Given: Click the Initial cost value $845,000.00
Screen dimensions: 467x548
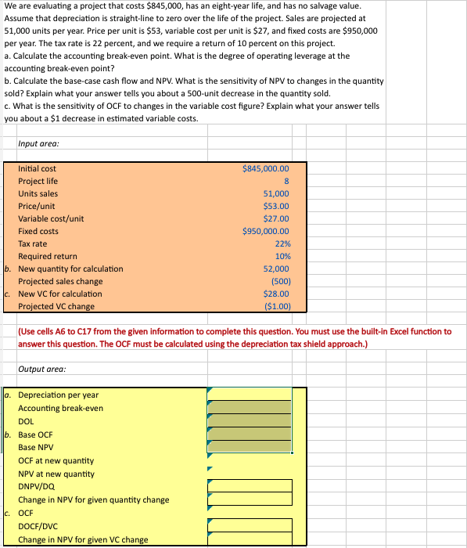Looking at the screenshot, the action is (x=266, y=168).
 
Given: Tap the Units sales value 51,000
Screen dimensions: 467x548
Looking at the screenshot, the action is (x=276, y=193).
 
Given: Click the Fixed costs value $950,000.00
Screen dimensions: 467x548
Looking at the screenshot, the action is (x=266, y=231).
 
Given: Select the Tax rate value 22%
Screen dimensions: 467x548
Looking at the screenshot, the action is (x=282, y=243).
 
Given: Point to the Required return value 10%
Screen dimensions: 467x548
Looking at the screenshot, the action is (x=282, y=256).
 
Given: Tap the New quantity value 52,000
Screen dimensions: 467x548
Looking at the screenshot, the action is (x=276, y=269).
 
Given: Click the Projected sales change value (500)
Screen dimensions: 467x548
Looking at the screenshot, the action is (x=279, y=281).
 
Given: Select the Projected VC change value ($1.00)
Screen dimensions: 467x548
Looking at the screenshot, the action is (x=277, y=306).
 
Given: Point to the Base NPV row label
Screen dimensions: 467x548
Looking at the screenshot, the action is (x=36, y=447).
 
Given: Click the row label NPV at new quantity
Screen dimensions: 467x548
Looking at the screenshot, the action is (x=56, y=474).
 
